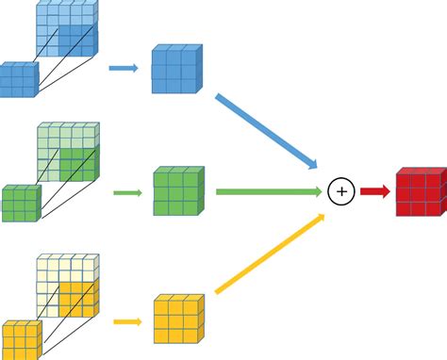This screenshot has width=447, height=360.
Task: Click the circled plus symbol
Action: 341,192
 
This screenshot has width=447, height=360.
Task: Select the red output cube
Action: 420,193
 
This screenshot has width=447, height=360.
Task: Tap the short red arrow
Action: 373,192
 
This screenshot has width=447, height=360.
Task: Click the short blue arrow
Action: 123,69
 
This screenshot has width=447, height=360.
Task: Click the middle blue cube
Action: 177,69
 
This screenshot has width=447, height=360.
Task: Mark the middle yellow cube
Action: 179,319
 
